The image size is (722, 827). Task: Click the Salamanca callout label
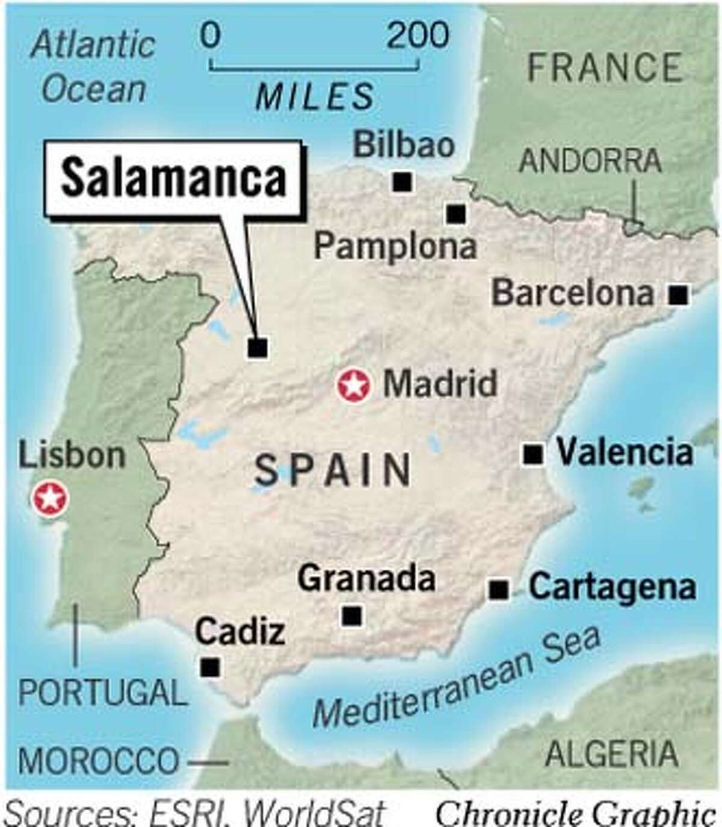173,178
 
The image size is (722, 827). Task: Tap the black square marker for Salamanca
258,348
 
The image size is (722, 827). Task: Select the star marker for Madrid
353,385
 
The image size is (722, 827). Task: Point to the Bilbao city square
403,181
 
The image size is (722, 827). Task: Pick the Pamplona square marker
456,213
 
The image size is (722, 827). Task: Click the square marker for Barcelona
679,295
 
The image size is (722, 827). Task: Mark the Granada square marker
352,616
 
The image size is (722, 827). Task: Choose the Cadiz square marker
210,667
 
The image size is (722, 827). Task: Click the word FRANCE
605,67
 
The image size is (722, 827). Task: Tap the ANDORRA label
590,161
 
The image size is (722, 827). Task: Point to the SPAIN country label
333,470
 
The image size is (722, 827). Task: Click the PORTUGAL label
102,693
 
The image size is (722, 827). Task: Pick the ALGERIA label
611,754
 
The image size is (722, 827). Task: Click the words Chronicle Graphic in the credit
575,813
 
